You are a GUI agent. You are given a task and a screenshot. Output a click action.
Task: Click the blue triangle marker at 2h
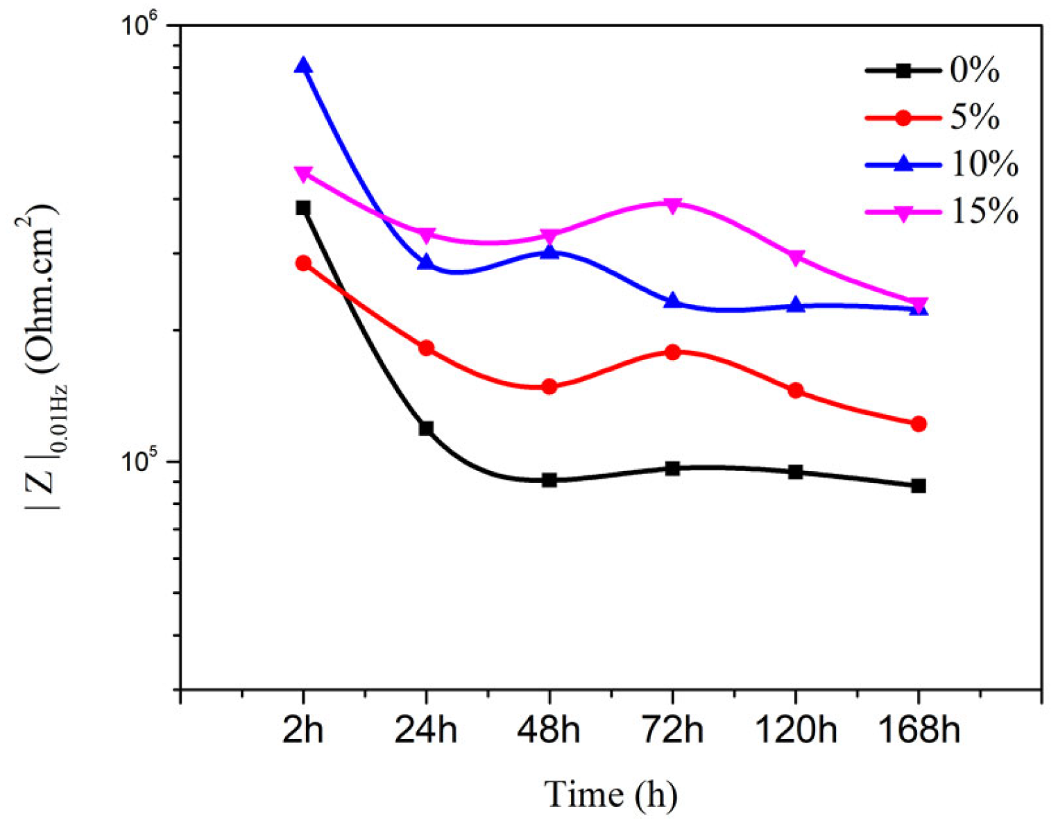[x=303, y=66]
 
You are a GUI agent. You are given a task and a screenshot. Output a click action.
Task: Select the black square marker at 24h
[x=426, y=428]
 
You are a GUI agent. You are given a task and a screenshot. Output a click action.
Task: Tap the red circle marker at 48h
[x=549, y=386]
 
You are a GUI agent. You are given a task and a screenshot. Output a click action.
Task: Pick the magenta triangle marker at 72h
[x=672, y=204]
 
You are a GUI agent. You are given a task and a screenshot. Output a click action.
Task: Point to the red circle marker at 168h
[x=919, y=424]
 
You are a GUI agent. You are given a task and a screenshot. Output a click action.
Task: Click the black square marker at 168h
[x=919, y=486]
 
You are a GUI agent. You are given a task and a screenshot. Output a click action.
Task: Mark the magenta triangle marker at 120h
[x=796, y=257]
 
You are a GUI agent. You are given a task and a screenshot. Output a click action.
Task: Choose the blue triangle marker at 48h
[x=549, y=251]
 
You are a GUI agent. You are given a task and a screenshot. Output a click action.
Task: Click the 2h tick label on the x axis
[x=303, y=731]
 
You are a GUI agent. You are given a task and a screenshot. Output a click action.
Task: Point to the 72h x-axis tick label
[x=672, y=731]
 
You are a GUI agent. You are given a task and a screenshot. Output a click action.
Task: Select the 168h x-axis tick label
[x=919, y=731]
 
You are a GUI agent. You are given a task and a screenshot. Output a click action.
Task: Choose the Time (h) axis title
[x=610, y=794]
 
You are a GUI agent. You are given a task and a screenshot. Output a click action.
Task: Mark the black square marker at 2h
[x=303, y=208]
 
